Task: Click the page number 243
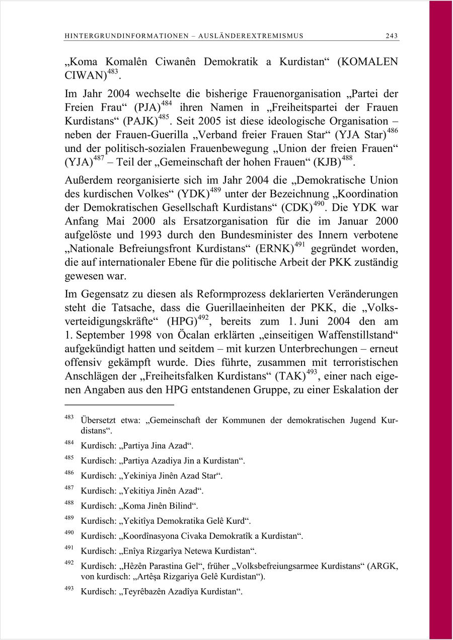pyautogui.click(x=391, y=36)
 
